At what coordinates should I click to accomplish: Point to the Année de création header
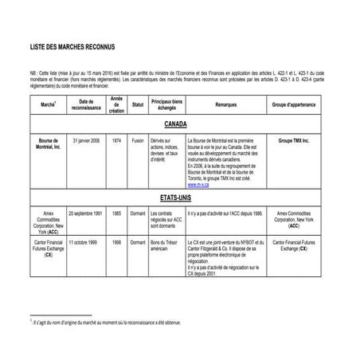pos(116,104)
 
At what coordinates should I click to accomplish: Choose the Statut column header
pos(137,104)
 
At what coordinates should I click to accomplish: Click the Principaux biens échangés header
pos(167,104)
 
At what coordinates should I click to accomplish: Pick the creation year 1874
pos(116,139)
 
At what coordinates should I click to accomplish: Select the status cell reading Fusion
pos(137,139)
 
